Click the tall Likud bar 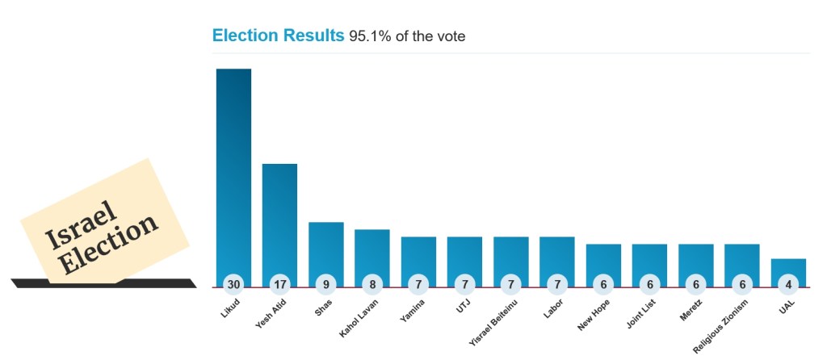(x=233, y=170)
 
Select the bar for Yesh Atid (x=279, y=218)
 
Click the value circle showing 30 (x=233, y=284)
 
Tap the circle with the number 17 (x=279, y=284)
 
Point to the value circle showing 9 (x=326, y=284)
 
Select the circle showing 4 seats (x=788, y=284)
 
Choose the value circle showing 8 (x=372, y=284)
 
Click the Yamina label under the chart (x=412, y=311)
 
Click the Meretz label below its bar (x=690, y=311)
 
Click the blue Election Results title (x=278, y=36)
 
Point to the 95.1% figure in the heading (x=367, y=36)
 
